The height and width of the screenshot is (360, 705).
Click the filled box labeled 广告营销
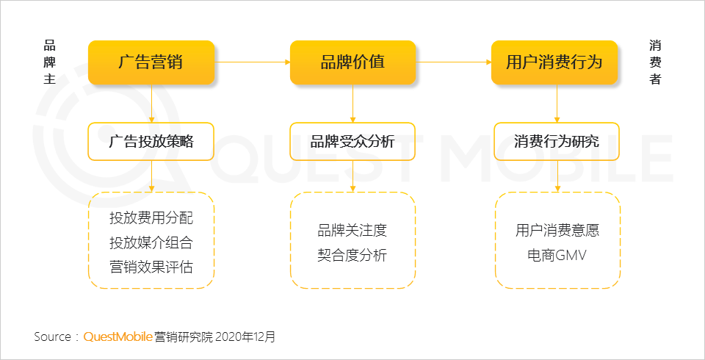tap(151, 62)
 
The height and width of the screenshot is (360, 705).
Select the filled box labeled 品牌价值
tap(352, 62)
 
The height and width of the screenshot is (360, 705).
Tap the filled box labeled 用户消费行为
tap(554, 62)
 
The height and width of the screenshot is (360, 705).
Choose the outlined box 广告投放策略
tap(151, 141)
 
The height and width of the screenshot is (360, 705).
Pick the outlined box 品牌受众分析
tap(352, 141)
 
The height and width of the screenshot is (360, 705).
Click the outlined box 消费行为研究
tap(557, 141)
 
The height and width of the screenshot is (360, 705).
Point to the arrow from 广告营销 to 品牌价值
tap(252, 62)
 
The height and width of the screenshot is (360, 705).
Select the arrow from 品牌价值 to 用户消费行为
tap(454, 62)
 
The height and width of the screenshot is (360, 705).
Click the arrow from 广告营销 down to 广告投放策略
tap(151, 104)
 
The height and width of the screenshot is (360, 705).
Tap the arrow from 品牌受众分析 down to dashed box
tap(352, 176)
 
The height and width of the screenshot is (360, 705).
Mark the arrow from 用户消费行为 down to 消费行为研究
tap(557, 104)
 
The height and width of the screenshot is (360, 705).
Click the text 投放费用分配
tap(151, 217)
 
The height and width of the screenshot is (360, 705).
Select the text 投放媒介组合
tap(151, 242)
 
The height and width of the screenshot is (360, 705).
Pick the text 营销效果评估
tap(151, 267)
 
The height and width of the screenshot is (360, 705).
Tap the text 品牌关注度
tap(352, 231)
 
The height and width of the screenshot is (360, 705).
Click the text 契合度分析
tap(352, 255)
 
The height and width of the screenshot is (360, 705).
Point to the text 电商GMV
tap(557, 255)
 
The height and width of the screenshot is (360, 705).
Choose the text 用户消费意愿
tap(557, 231)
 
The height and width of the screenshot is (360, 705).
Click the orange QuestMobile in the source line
tap(117, 336)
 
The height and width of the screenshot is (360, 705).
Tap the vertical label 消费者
tap(655, 62)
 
